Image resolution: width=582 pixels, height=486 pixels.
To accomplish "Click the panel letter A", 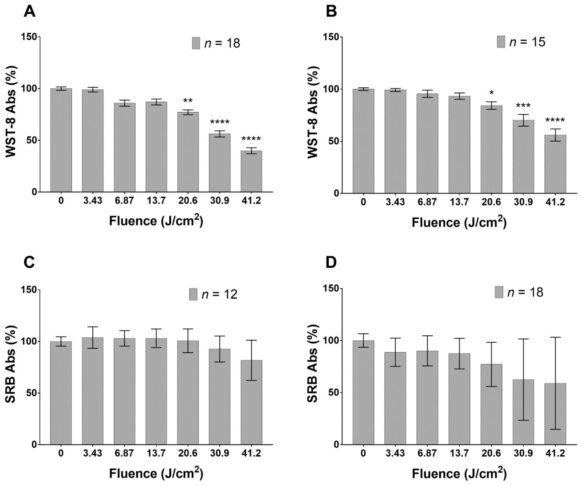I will click(30, 12).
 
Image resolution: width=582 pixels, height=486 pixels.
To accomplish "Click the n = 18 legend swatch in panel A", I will click(196, 43).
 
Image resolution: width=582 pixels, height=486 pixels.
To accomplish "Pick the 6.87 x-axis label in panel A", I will click(124, 200).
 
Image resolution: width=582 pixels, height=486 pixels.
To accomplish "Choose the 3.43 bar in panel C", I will click(93, 391).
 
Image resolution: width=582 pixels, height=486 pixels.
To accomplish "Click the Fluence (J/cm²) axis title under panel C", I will click(156, 473).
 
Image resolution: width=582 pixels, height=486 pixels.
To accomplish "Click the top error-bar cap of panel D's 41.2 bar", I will click(555, 345).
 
